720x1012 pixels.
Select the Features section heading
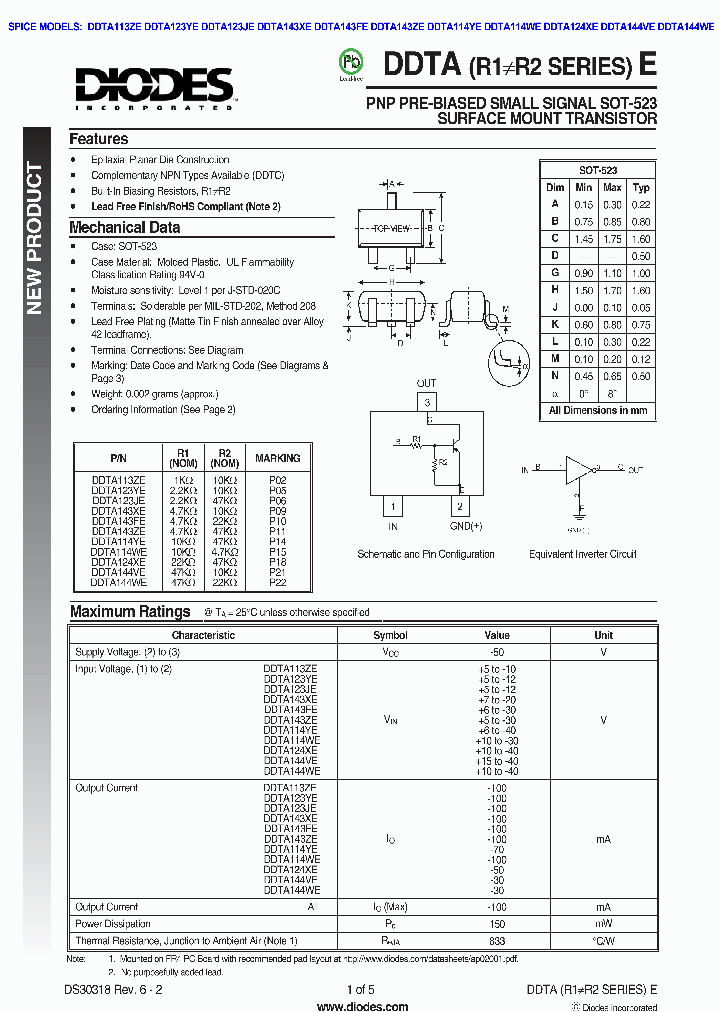click(x=98, y=139)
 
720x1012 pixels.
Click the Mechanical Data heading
click(x=125, y=227)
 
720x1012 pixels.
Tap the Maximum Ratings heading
click(x=130, y=611)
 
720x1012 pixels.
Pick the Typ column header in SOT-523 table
click(x=641, y=187)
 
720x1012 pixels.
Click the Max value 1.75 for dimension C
click(x=612, y=239)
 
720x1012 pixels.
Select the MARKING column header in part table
click(x=277, y=458)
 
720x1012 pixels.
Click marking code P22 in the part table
click(x=277, y=581)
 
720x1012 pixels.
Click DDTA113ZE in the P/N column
click(x=118, y=480)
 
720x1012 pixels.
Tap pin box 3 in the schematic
click(x=426, y=402)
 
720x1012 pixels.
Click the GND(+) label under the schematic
click(x=465, y=526)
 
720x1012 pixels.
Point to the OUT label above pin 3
click(x=426, y=383)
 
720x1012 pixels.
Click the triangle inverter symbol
click(x=581, y=468)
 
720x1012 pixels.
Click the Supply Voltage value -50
click(x=497, y=652)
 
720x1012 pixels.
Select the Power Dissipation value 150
click(x=497, y=924)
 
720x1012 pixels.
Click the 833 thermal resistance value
click(x=497, y=941)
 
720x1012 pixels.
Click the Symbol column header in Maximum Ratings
click(x=390, y=635)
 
